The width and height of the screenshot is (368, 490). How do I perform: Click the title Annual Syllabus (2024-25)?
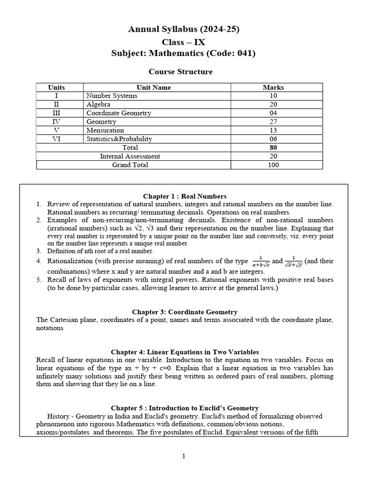pyautogui.click(x=184, y=30)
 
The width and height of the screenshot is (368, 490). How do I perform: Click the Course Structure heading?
pyautogui.click(x=180, y=72)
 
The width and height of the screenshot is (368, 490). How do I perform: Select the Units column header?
pyautogui.click(x=57, y=88)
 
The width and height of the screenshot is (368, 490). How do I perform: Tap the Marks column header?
pyautogui.click(x=273, y=88)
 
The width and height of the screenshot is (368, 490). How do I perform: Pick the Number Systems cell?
pyautogui.click(x=112, y=96)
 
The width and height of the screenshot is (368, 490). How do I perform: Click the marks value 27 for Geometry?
pyautogui.click(x=273, y=122)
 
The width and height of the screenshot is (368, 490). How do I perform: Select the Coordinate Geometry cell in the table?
pyautogui.click(x=118, y=113)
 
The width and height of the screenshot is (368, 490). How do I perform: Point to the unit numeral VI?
pyautogui.click(x=57, y=139)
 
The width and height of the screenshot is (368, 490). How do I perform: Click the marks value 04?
pyautogui.click(x=273, y=113)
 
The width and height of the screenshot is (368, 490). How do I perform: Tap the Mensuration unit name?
pyautogui.click(x=105, y=130)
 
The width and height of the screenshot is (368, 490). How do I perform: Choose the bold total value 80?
pyautogui.click(x=273, y=147)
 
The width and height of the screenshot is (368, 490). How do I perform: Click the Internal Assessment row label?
pyautogui.click(x=130, y=156)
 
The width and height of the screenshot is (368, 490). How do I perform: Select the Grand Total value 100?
pyautogui.click(x=273, y=165)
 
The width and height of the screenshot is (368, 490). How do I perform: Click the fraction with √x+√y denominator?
pyautogui.click(x=293, y=262)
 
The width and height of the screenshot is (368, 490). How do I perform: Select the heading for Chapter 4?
pyautogui.click(x=184, y=352)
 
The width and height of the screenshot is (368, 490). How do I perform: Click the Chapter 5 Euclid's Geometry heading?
pyautogui.click(x=184, y=408)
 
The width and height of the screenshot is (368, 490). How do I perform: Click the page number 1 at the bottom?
pyautogui.click(x=184, y=456)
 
